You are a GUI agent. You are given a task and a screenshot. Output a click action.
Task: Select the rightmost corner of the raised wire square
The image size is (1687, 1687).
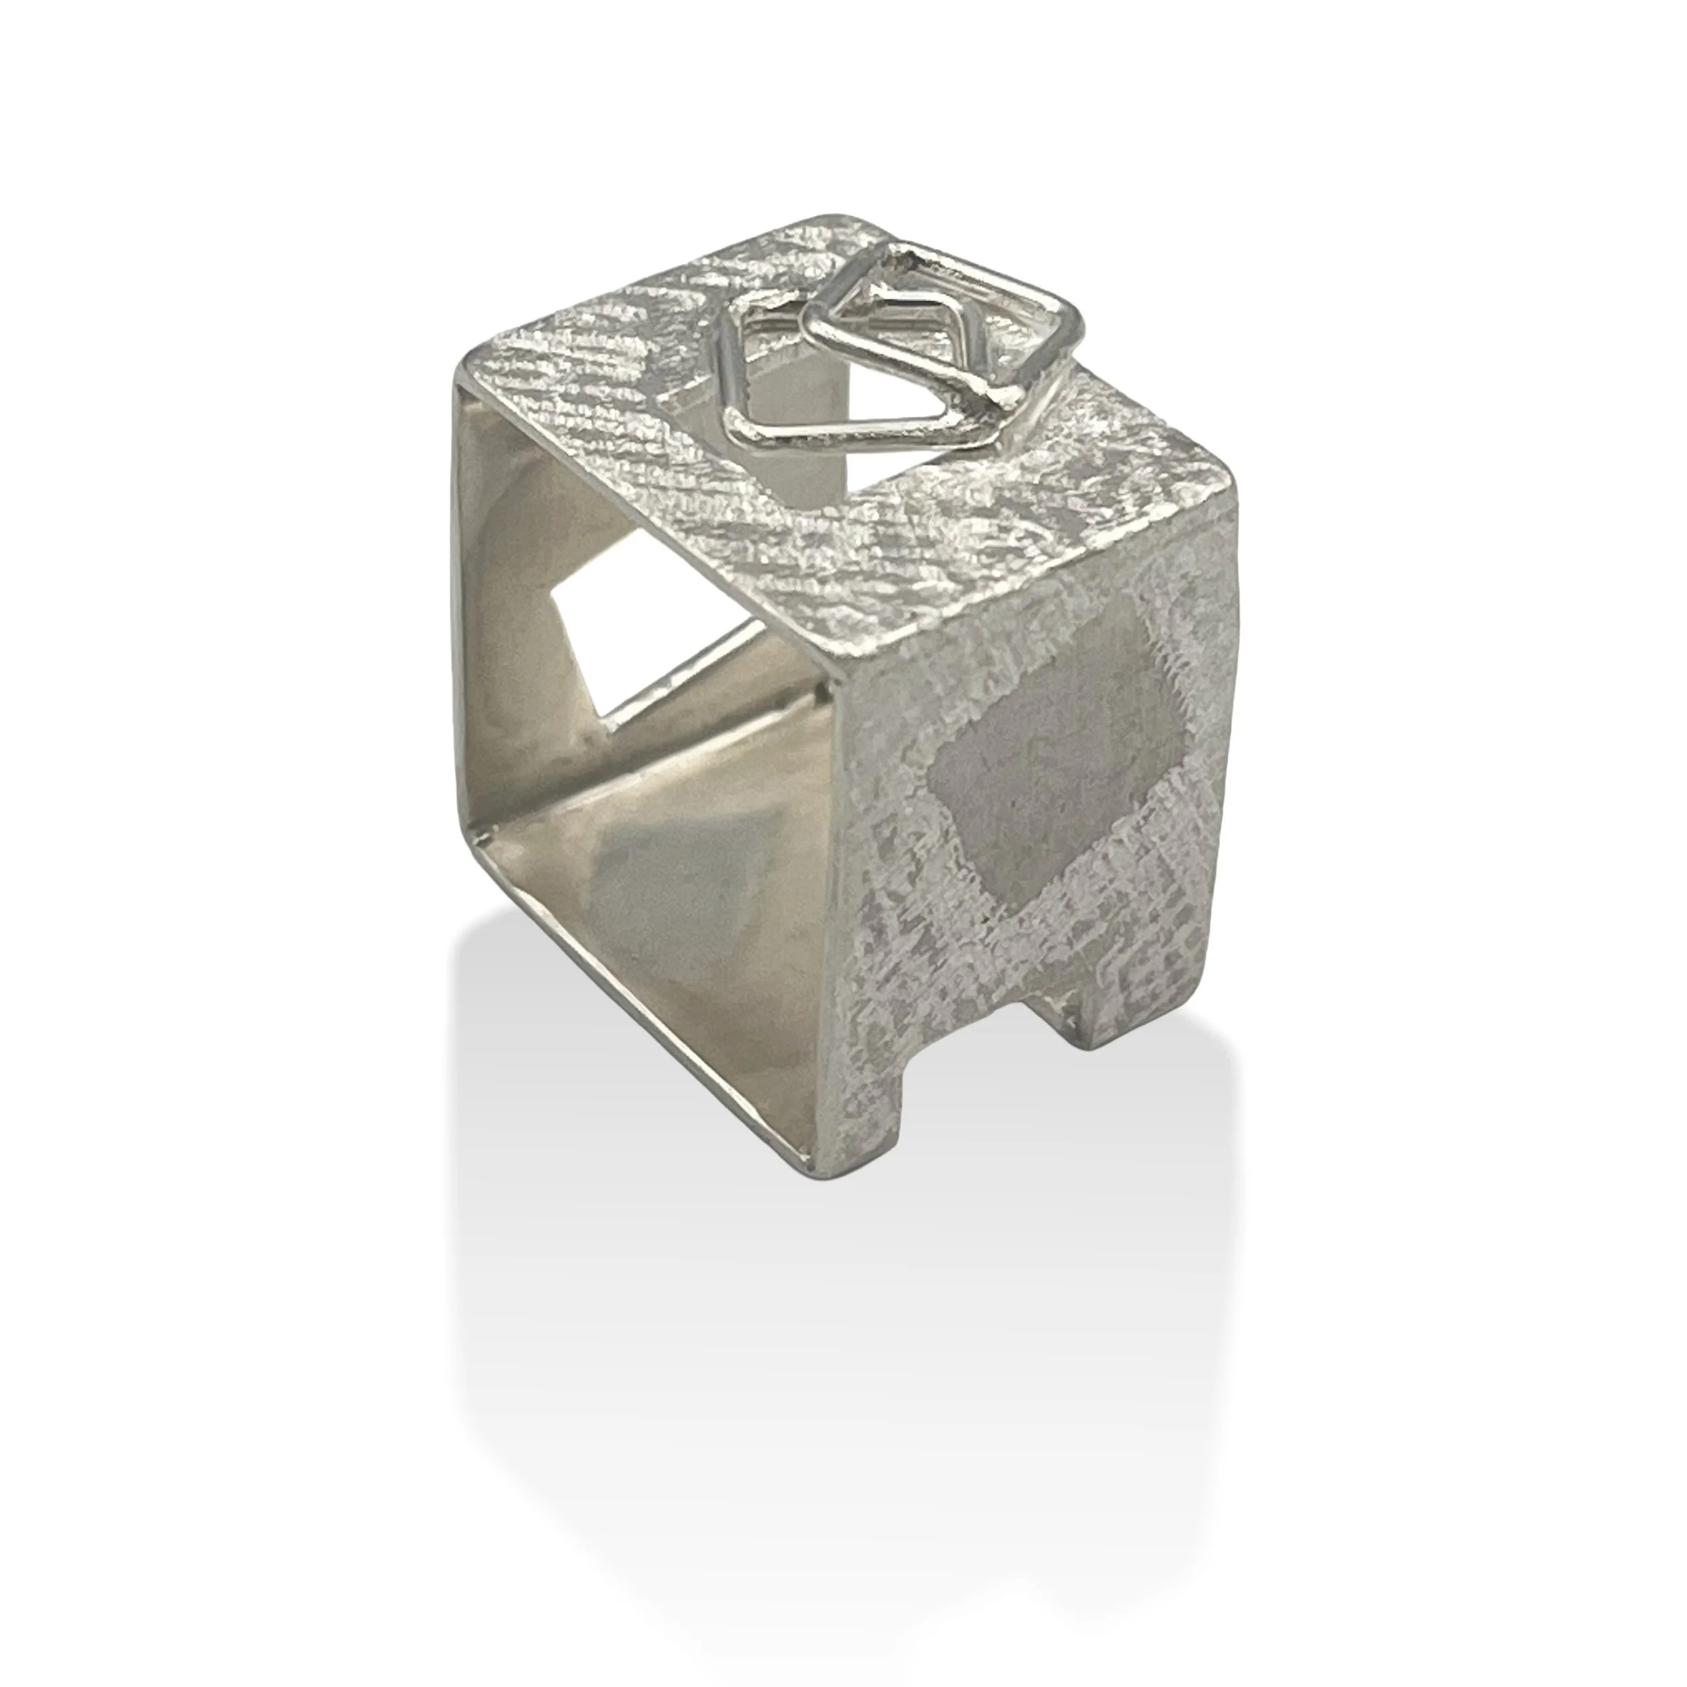coord(1074,336)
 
